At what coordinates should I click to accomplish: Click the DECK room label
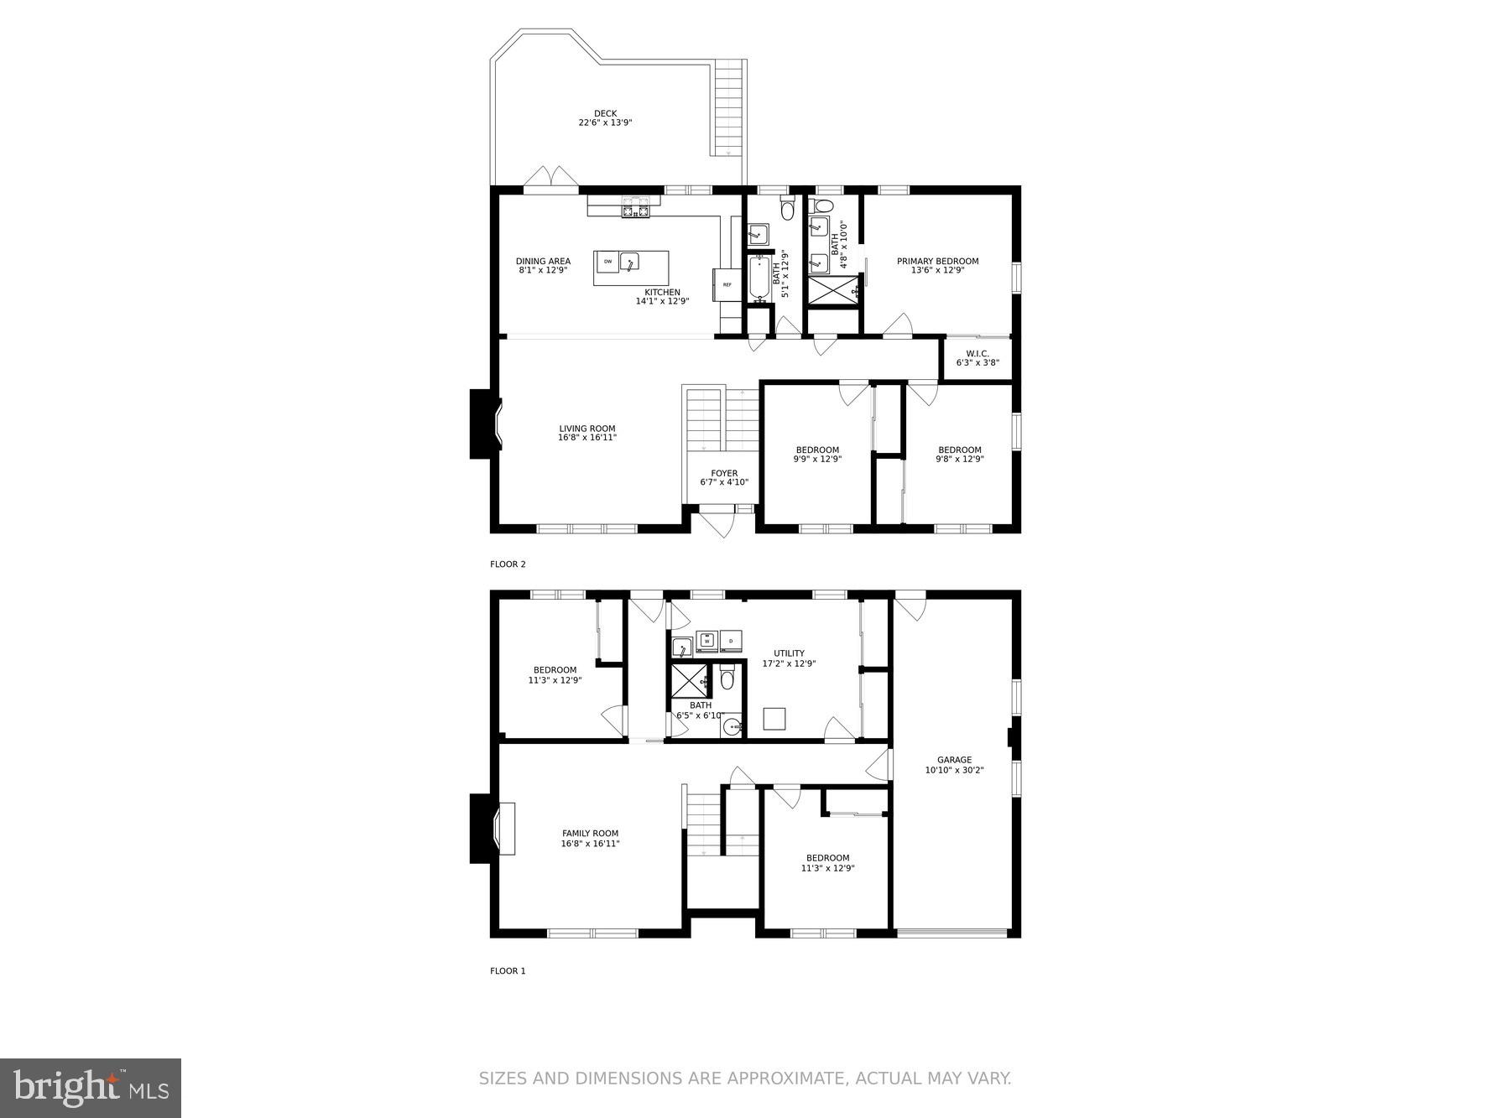coord(605,114)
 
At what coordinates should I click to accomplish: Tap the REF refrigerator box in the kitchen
coord(727,285)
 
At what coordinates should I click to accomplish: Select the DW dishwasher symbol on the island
coord(607,263)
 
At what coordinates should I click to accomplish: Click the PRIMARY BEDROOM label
coord(937,261)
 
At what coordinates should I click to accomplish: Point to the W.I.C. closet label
coord(977,354)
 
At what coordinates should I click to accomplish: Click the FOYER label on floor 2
coord(724,474)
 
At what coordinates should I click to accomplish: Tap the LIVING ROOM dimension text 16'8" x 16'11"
coord(587,438)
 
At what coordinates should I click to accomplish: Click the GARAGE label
coord(954,760)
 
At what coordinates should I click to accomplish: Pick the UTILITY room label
coord(789,653)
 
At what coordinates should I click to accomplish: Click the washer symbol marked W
coord(707,641)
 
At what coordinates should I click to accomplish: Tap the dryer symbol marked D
coord(731,641)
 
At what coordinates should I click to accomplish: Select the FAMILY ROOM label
coord(590,834)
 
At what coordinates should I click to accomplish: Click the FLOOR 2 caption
coord(508,564)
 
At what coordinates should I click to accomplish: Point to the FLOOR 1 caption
coord(508,971)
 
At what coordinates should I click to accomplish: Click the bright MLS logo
coord(91,1088)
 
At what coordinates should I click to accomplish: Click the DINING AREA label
coord(543,261)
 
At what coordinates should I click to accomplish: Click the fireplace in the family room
coord(492,829)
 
